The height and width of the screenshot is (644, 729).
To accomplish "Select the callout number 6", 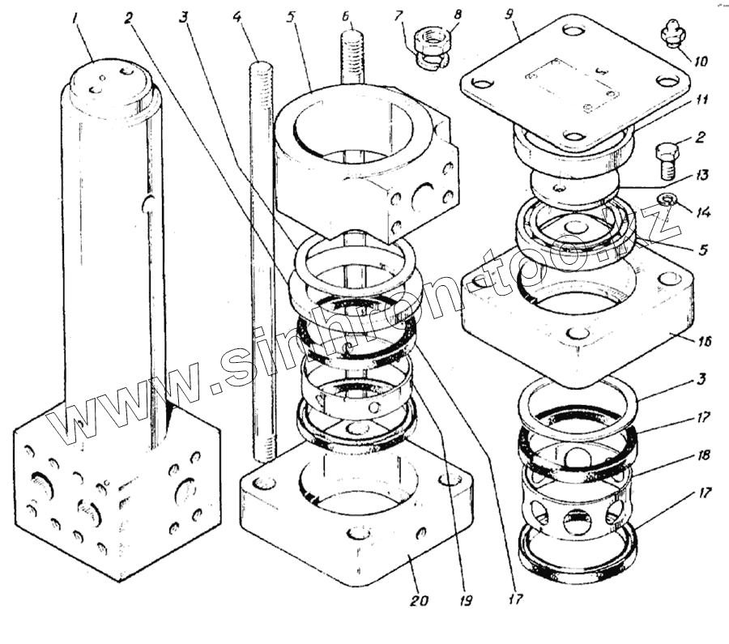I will [346, 15].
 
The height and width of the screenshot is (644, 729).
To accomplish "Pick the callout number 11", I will [701, 100].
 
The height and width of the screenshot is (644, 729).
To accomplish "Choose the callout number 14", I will [701, 213].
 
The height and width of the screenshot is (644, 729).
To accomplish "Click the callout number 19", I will [467, 601].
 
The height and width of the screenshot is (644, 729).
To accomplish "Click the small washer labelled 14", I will [667, 199].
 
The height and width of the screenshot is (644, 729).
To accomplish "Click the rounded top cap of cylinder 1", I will [111, 81].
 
